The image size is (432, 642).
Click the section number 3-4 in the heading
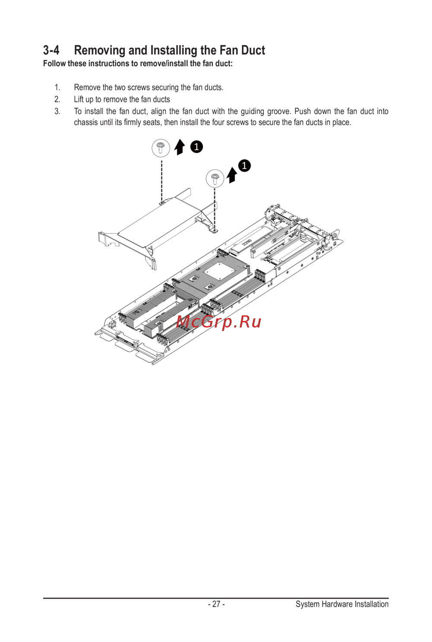[x=51, y=51]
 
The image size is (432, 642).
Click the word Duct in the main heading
[x=253, y=51]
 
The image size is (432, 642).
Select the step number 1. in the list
[x=57, y=87]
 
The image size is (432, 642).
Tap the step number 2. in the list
[x=57, y=99]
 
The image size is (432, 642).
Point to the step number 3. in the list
[x=57, y=111]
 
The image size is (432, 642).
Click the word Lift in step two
[x=79, y=99]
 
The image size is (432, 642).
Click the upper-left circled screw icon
[x=161, y=148]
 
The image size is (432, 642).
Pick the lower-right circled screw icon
[x=215, y=178]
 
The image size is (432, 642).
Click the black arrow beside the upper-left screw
[x=180, y=147]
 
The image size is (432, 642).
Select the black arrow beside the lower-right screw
[x=232, y=175]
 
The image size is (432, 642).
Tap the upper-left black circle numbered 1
[x=197, y=147]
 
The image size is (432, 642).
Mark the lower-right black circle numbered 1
[x=244, y=165]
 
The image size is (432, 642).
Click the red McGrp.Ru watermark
[x=219, y=322]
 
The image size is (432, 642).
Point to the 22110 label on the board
[x=247, y=242]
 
